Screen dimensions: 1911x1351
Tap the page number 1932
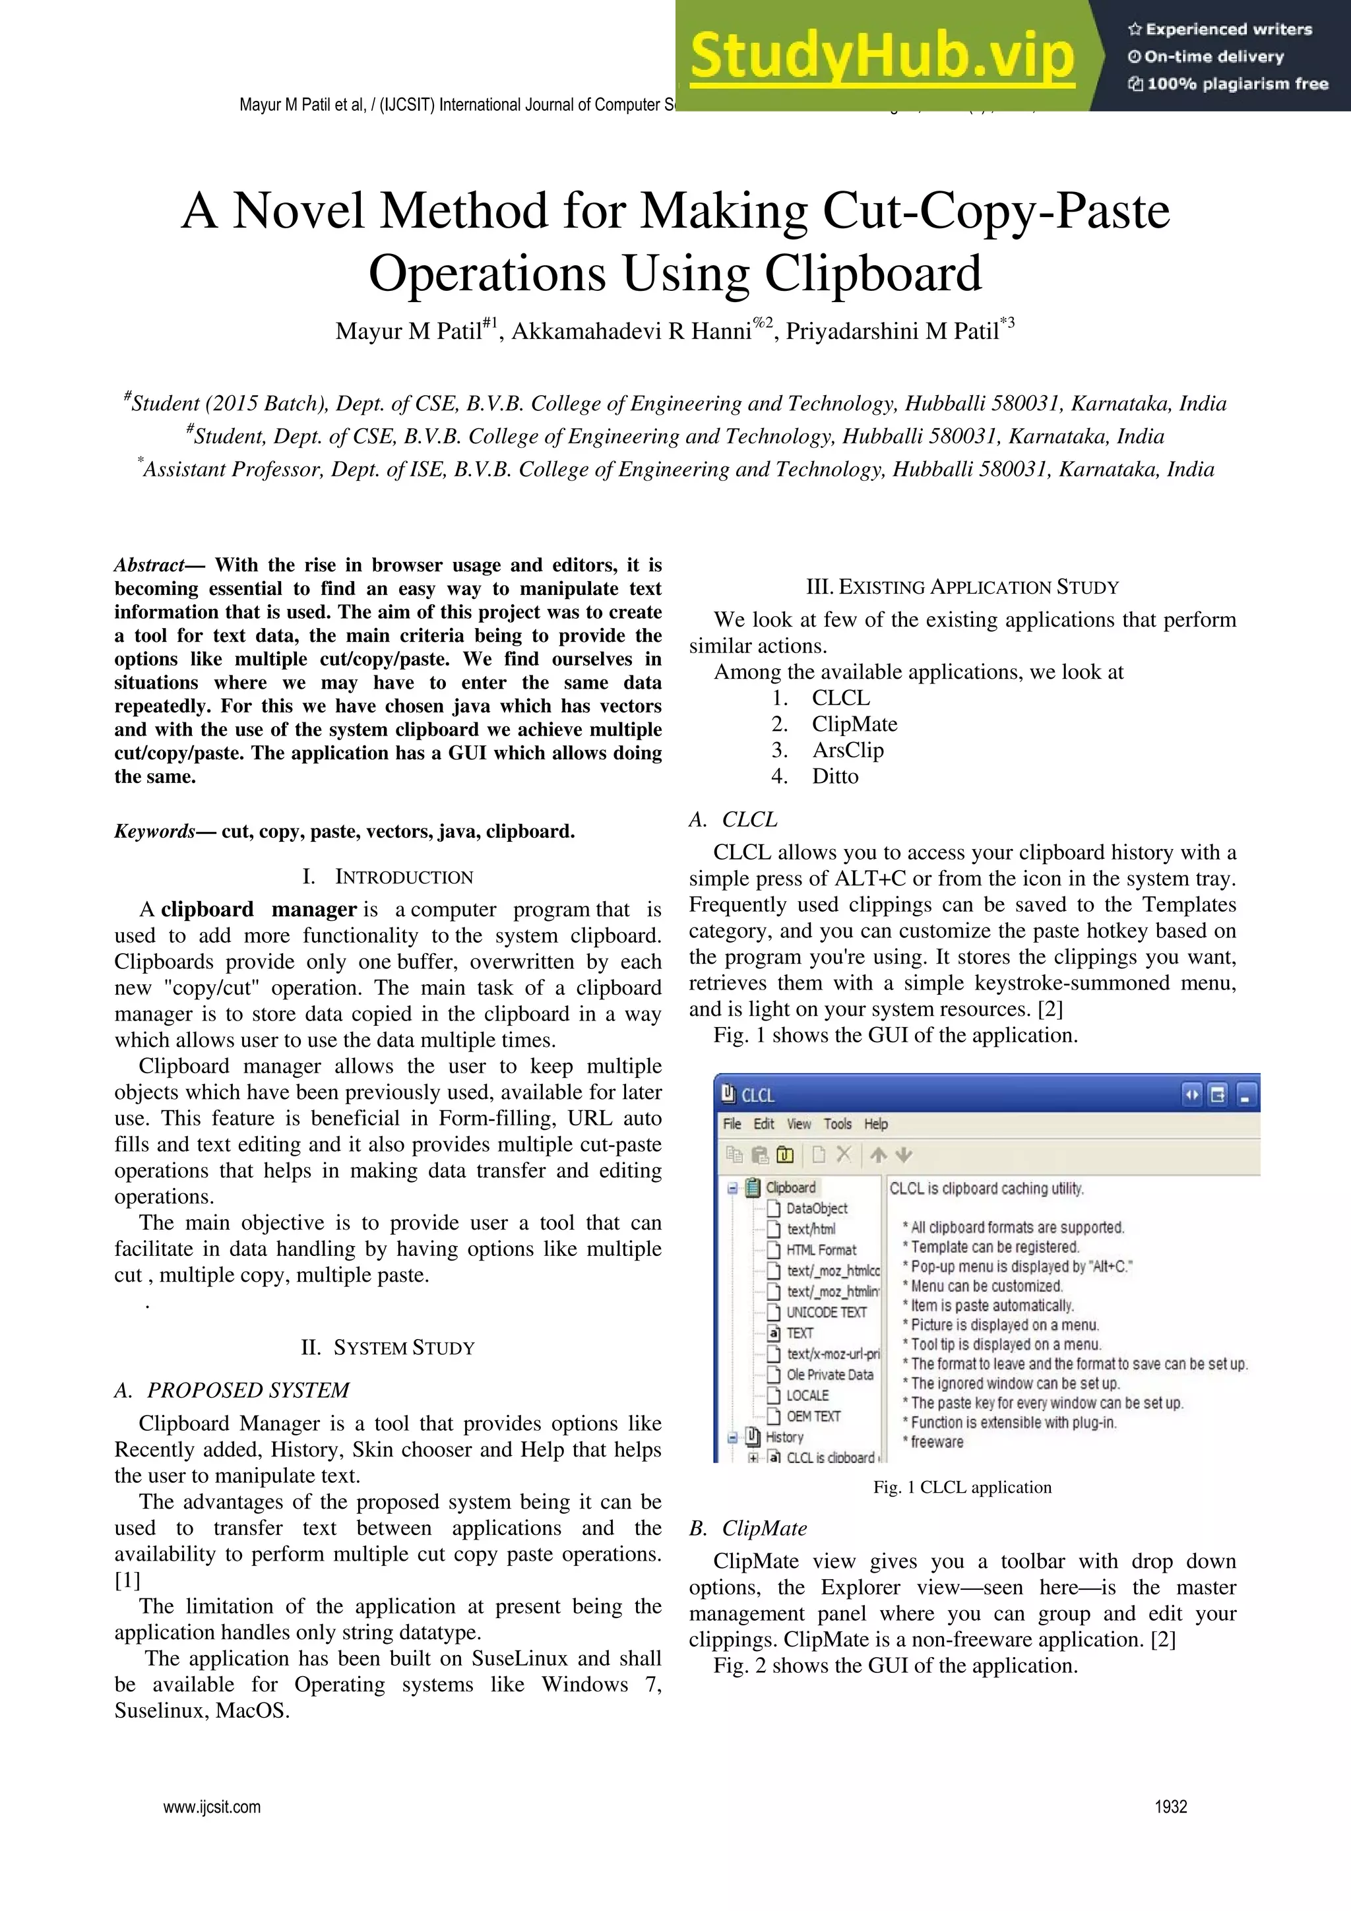pyautogui.click(x=1170, y=1806)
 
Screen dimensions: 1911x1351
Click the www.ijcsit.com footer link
pyautogui.click(x=212, y=1806)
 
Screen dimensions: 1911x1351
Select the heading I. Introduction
pyautogui.click(x=388, y=877)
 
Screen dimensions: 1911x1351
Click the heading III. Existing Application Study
pyautogui.click(x=962, y=587)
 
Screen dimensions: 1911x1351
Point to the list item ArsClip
pyautogui.click(x=848, y=750)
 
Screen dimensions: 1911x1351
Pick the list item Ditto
pyautogui.click(x=835, y=776)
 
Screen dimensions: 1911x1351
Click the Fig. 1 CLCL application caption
pyautogui.click(x=962, y=1487)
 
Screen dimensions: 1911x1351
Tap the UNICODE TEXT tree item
pyautogui.click(x=826, y=1312)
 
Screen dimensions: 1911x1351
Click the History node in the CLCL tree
pyautogui.click(x=784, y=1437)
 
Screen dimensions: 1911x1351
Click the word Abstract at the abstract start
pyautogui.click(x=149, y=565)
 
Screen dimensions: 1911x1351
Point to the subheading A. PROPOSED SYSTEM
pyautogui.click(x=232, y=1390)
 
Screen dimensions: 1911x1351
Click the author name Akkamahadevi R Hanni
pyautogui.click(x=631, y=331)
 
